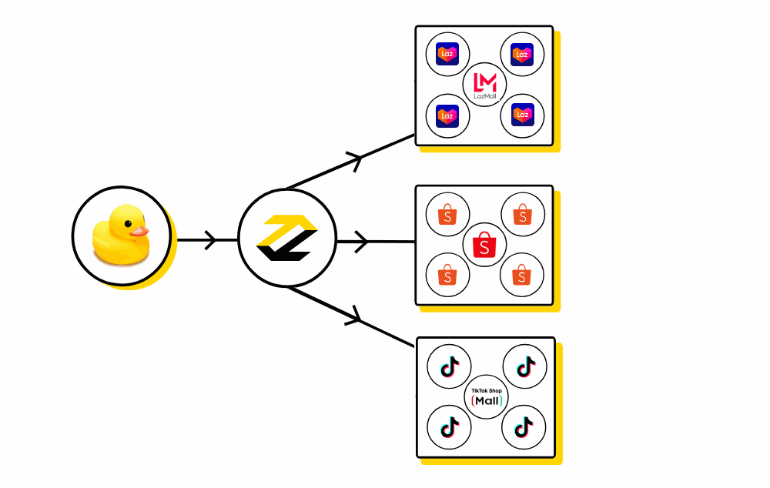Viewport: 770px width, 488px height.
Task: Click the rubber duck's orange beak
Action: pos(139,230)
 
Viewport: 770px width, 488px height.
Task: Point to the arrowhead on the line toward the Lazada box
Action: pos(356,160)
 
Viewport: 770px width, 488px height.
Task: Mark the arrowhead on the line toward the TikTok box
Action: pos(355,316)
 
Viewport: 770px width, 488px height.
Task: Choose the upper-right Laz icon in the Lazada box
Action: pos(522,55)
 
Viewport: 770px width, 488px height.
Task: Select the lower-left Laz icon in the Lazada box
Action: pos(447,116)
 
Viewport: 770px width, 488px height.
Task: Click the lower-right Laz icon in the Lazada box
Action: pos(522,116)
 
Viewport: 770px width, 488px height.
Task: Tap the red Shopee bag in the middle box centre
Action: pos(484,245)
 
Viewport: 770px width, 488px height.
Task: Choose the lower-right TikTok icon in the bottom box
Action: pos(524,426)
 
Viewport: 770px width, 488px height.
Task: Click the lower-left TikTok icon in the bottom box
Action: pos(449,426)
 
